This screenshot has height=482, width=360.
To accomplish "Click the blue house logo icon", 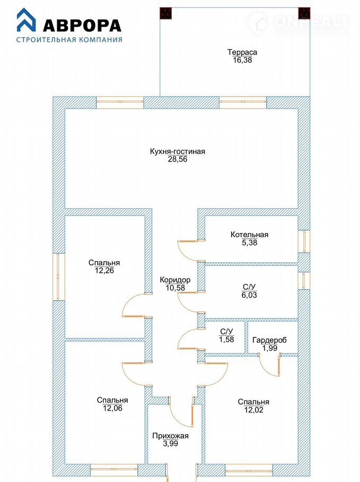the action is tap(26, 20).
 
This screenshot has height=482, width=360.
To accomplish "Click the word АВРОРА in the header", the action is tap(82, 26).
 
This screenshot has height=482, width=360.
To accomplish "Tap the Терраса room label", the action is tap(242, 52).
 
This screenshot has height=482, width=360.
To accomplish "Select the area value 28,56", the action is tap(178, 159).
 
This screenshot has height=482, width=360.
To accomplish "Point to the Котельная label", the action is tap(250, 235).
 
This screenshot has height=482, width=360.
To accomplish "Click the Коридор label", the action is tap(175, 280).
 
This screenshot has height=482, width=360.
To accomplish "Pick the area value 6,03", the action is tap(249, 295).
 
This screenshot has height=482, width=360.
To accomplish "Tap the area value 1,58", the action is tap(226, 340).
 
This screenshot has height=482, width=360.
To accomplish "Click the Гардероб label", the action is tap(269, 340).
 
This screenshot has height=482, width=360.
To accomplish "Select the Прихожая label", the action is tap(171, 435).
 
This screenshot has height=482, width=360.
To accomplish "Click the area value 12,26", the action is tap(104, 271).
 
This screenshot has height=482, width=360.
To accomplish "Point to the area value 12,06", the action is tap(112, 408).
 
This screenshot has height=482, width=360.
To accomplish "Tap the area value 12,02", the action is tap(254, 410).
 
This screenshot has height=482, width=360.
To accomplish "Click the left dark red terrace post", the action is tap(165, 13).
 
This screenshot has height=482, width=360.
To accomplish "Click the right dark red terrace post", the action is tap(304, 13).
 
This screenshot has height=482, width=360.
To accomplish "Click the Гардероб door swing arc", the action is tap(267, 371).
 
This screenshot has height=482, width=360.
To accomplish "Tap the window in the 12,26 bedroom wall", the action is tap(59, 276).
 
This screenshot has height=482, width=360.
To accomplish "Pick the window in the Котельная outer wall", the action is tap(304, 242).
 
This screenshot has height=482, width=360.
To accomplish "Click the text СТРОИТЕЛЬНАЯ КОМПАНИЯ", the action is tap(69, 40).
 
